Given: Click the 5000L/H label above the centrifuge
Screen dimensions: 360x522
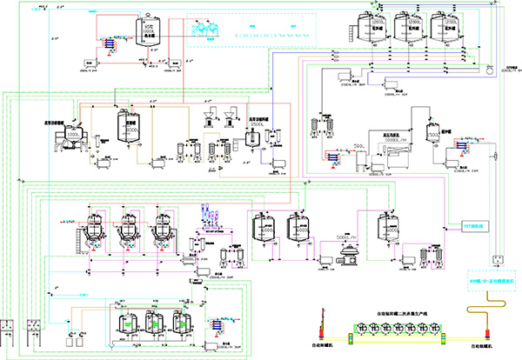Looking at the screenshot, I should (345, 235).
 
